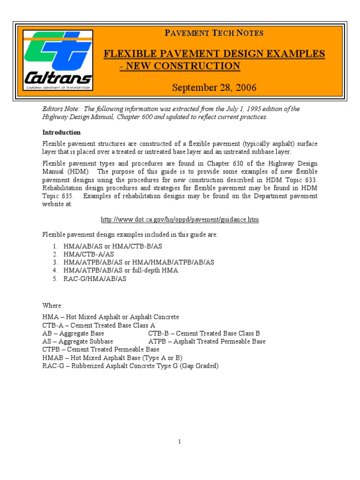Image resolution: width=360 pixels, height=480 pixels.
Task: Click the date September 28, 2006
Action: [214, 88]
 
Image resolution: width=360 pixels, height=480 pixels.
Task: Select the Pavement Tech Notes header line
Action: [214, 33]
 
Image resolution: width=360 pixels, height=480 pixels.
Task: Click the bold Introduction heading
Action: [61, 132]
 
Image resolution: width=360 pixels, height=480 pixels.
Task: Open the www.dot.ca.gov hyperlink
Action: [180, 219]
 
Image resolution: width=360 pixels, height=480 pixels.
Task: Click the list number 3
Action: [55, 262]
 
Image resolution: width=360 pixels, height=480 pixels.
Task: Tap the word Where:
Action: [52, 305]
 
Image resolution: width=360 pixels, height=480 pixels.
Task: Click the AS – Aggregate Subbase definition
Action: [77, 341]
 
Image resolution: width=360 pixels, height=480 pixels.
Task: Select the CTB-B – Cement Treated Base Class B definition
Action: [204, 333]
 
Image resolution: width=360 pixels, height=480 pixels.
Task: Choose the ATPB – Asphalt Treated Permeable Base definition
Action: [207, 341]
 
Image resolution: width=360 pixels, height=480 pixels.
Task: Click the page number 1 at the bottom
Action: [180, 442]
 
